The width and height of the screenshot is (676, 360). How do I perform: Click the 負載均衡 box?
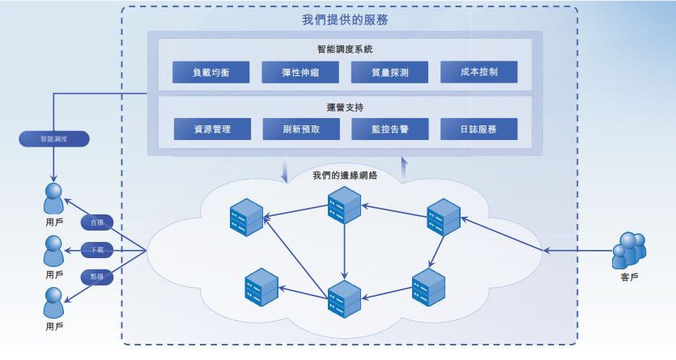pos(210,72)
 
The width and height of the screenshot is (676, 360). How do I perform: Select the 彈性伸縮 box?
pos(300,72)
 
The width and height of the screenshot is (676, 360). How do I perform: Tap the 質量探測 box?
pos(389,72)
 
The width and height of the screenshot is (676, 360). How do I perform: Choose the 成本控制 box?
pos(478,72)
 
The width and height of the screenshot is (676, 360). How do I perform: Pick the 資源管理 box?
pos(212,129)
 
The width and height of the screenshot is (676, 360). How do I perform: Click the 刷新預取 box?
pos(301,129)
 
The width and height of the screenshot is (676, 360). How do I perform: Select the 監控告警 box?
pos(389,129)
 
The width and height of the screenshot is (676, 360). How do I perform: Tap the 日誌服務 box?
pos(478,129)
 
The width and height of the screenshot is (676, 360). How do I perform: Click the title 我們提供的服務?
pos(345,19)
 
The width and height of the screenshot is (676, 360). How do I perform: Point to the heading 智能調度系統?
pos(345,49)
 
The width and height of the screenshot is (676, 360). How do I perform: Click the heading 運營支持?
pos(345,108)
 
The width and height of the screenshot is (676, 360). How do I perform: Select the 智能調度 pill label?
pos(54,139)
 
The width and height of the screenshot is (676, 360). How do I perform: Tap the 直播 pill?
pos(97,222)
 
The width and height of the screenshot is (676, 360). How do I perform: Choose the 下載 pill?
pos(97,250)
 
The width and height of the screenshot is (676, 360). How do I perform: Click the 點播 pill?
pos(97,277)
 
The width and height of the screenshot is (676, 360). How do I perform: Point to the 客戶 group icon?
pos(629,251)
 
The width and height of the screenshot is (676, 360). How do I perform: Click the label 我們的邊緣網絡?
pos(345,176)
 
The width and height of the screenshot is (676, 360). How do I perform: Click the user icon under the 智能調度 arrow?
pos(54,198)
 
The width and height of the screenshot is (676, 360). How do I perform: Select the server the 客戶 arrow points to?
pos(444,217)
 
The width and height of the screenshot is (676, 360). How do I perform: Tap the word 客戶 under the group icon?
pos(629,277)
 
